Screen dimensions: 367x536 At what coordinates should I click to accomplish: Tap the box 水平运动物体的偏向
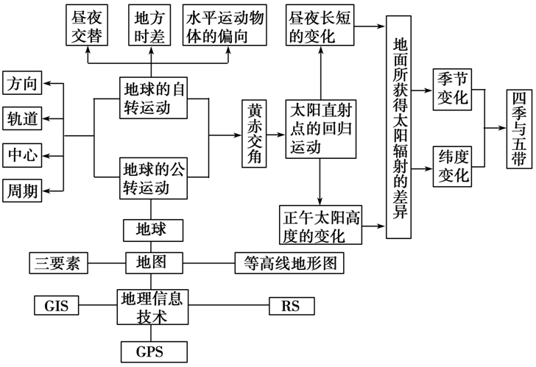[223, 26]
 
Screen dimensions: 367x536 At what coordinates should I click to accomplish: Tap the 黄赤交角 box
[255, 135]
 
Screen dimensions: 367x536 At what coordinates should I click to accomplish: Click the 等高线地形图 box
[289, 262]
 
